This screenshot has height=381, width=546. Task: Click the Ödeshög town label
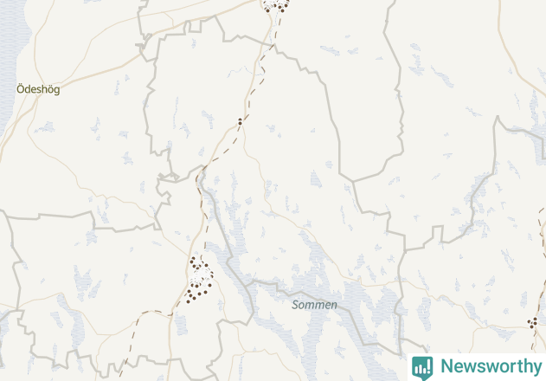(x=38, y=89)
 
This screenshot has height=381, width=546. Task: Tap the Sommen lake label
(x=314, y=305)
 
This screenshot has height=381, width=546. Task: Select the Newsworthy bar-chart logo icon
(x=422, y=367)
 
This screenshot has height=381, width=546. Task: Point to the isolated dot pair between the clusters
(x=240, y=121)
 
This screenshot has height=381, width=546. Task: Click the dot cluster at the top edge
(x=276, y=5)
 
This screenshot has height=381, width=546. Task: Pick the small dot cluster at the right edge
(x=534, y=322)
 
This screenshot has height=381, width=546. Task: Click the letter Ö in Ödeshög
(x=21, y=88)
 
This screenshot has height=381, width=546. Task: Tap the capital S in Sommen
(x=296, y=305)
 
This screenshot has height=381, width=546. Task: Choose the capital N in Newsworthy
(x=446, y=366)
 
